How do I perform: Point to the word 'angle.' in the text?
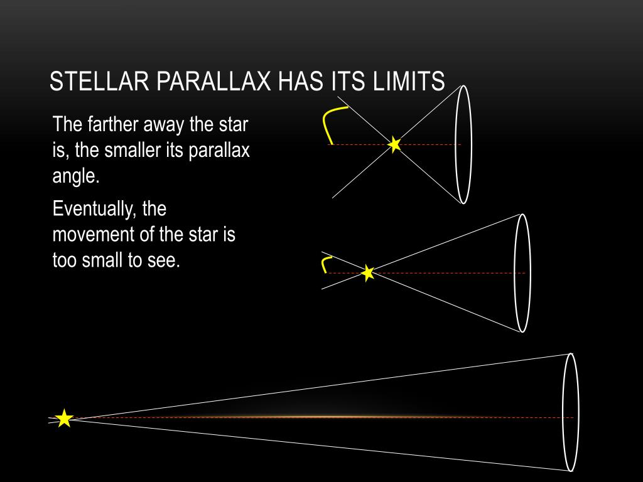tap(76, 176)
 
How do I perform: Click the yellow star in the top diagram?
tap(394, 145)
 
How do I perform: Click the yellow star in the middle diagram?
tap(368, 273)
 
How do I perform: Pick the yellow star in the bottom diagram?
tap(64, 418)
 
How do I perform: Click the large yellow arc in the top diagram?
tap(327, 122)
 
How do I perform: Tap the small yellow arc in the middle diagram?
tap(325, 264)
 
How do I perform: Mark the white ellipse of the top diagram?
tap(463, 144)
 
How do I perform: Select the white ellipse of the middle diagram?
tap(522, 273)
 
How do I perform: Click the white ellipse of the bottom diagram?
tap(570, 412)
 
